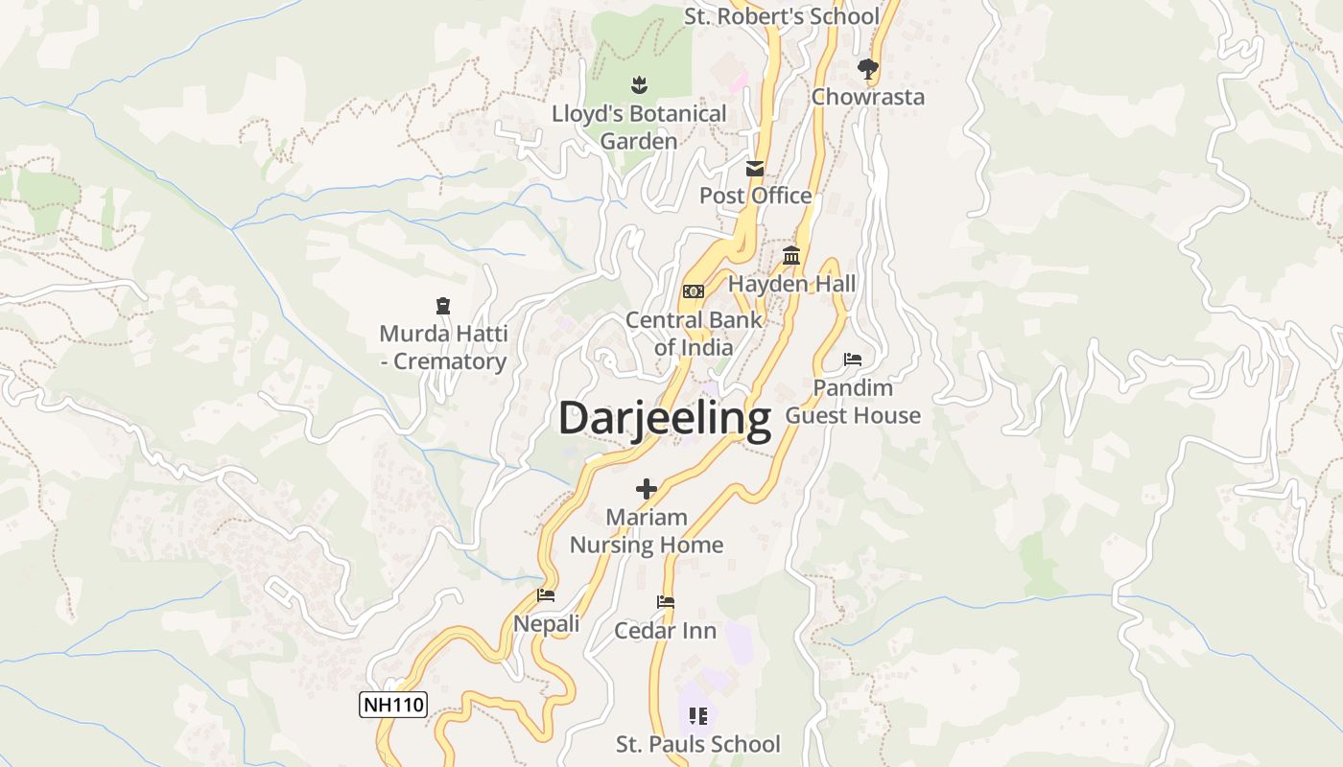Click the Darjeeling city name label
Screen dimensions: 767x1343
coord(664,420)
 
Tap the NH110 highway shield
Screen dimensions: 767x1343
coord(392,705)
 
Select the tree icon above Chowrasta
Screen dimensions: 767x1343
coord(868,68)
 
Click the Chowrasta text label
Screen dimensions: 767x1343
coord(868,97)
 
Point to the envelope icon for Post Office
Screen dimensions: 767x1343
coord(755,169)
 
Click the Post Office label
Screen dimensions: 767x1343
coord(755,196)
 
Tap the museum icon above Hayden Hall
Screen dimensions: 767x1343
coord(791,256)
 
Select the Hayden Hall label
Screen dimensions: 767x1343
coord(791,284)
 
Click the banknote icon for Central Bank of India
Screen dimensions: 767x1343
coord(694,291)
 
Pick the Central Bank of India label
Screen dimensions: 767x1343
coord(694,334)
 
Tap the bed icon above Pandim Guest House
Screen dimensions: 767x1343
coord(853,360)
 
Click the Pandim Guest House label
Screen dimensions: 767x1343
coord(853,402)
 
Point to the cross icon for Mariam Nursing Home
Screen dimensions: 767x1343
coord(647,489)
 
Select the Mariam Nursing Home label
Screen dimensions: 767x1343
coord(647,531)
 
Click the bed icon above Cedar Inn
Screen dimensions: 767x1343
coord(666,602)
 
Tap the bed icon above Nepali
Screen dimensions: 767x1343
coord(546,595)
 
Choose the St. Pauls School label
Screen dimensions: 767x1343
coord(697,744)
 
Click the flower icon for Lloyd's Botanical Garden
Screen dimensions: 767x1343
coord(639,86)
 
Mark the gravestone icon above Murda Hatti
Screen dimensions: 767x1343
coord(443,306)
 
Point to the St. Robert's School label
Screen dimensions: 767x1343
coord(781,16)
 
